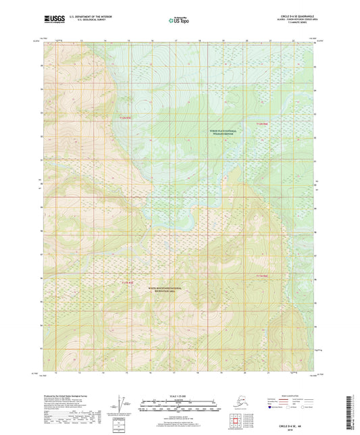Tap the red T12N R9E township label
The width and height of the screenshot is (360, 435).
[262, 124]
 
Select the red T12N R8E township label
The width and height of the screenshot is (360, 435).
[126, 119]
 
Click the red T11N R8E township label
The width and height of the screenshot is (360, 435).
[127, 282]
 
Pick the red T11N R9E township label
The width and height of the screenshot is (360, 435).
[262, 276]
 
